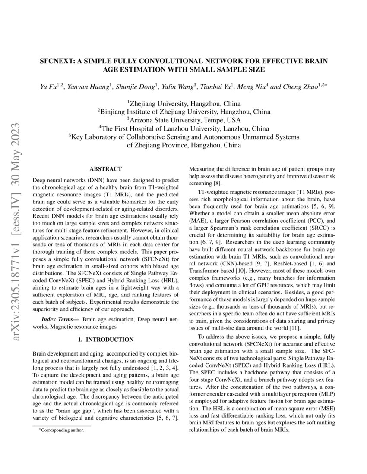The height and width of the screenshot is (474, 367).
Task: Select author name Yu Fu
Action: click(48, 87)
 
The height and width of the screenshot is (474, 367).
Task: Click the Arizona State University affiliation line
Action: click(184, 120)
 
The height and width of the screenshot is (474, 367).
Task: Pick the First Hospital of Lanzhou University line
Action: click(184, 128)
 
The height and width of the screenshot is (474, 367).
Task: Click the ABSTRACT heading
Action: click(105, 169)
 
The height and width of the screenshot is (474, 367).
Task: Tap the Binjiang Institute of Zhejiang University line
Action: click(184, 112)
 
